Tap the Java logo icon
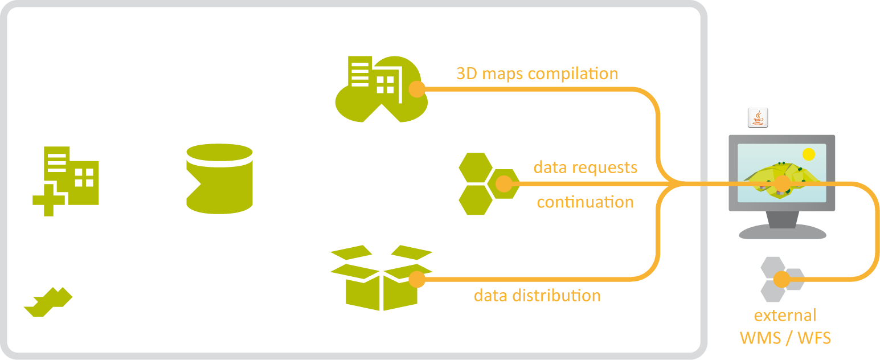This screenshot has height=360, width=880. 758,118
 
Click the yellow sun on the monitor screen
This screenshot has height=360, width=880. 808,154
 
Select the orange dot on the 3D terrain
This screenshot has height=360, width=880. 782,183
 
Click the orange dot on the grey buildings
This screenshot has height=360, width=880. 781,279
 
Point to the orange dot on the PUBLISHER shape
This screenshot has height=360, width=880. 417,89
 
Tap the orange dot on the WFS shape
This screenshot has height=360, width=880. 504,183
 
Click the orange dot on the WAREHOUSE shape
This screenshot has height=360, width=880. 417,279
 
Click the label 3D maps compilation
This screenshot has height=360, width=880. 537,75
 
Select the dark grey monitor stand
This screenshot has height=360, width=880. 781,219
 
